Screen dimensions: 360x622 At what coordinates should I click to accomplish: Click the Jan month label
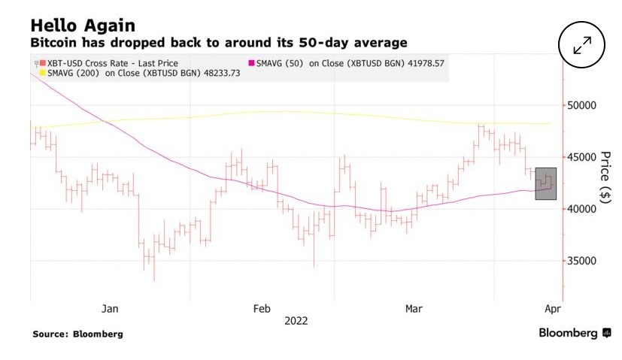[x=110, y=308]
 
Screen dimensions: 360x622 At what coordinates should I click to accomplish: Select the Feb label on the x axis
[x=261, y=308]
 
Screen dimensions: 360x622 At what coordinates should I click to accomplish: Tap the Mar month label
[x=414, y=308]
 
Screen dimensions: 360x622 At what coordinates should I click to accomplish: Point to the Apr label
[x=553, y=308]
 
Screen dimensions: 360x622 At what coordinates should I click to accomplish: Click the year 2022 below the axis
[x=296, y=320]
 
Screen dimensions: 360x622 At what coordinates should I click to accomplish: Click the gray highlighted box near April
[x=545, y=183]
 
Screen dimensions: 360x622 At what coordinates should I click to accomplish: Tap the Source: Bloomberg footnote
[x=77, y=334]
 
